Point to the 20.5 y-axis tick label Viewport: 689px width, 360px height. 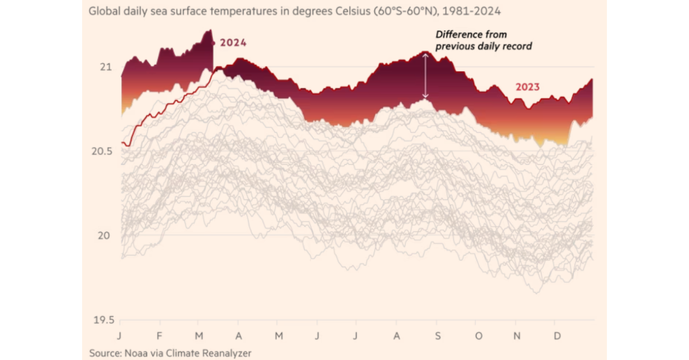(x=100, y=152)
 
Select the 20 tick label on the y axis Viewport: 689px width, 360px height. (x=104, y=235)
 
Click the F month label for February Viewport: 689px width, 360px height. (x=160, y=335)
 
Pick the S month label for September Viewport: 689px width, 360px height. (x=438, y=335)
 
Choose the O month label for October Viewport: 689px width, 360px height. (x=478, y=335)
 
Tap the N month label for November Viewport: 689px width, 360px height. (x=517, y=335)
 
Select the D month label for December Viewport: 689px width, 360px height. (x=556, y=335)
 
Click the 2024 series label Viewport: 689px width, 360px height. (x=233, y=43)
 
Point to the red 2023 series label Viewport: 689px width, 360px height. (x=527, y=87)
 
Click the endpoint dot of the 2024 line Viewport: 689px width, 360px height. (x=213, y=42)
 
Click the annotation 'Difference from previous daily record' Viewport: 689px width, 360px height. (x=483, y=40)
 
